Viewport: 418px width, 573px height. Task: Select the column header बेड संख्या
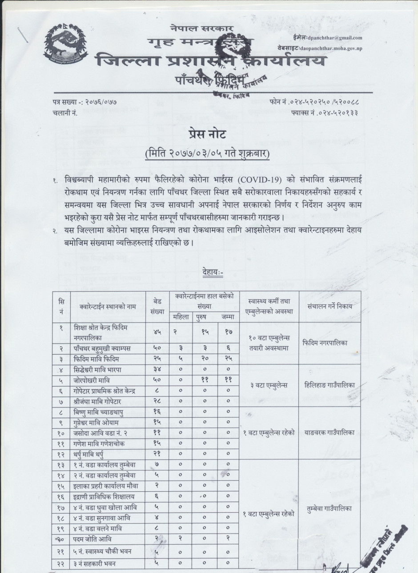[158, 306]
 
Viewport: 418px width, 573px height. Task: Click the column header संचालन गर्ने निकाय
[330, 306]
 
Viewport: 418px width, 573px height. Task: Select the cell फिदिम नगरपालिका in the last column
[330, 343]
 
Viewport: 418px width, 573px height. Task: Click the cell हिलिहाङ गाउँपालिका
[330, 385]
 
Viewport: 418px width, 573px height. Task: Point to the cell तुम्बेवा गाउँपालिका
[330, 509]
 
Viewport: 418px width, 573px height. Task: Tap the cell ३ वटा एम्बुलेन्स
[268, 385]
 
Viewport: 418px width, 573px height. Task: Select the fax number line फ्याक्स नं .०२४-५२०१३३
[326, 113]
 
